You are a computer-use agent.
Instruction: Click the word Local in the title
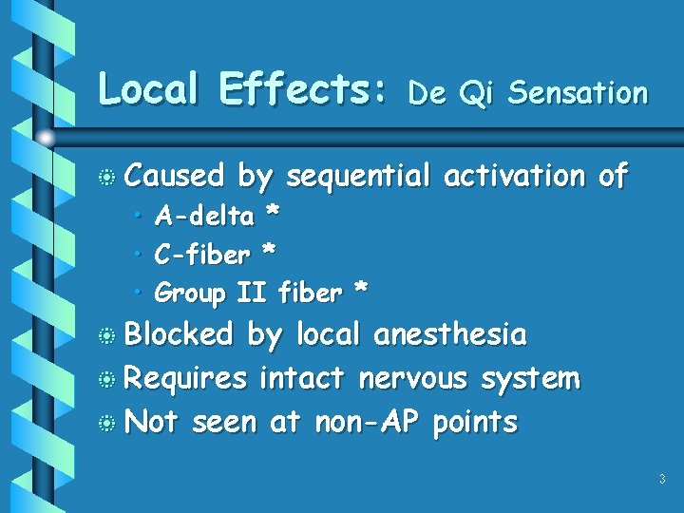click(x=147, y=90)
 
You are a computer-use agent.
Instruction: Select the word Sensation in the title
click(x=578, y=92)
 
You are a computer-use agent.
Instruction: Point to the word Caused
click(x=175, y=176)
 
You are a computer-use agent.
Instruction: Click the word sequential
click(x=357, y=177)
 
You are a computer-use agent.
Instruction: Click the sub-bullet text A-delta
click(x=204, y=218)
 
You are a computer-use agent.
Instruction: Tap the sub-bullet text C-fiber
click(x=202, y=255)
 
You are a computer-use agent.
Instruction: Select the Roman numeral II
click(x=251, y=293)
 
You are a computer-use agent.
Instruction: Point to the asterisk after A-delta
click(x=273, y=216)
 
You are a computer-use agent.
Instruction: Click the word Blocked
click(x=180, y=334)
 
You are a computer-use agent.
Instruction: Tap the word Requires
click(x=186, y=379)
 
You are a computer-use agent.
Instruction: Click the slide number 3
click(x=661, y=480)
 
